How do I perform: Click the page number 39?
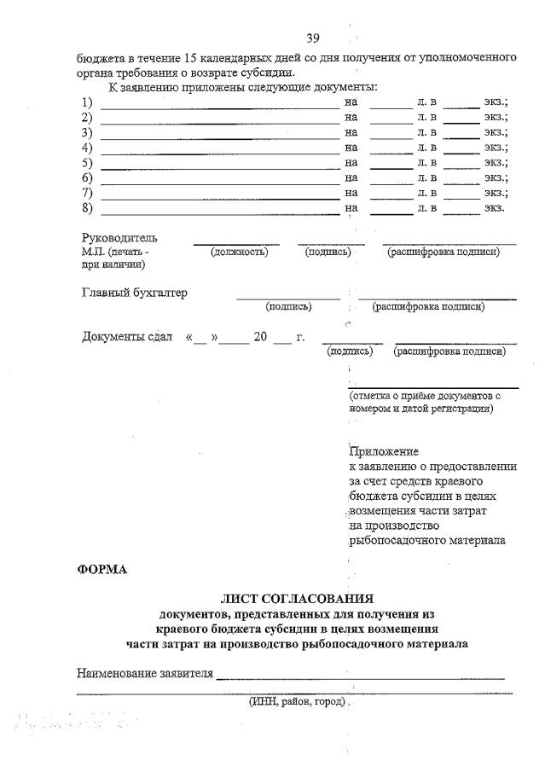312,38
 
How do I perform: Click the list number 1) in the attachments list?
87,102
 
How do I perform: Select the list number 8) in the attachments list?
87,207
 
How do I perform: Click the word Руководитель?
119,238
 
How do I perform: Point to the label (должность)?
239,252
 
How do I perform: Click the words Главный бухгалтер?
135,293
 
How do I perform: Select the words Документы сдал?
127,337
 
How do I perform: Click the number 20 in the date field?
261,337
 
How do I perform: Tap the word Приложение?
384,451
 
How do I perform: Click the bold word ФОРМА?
101,570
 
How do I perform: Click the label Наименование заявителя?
144,673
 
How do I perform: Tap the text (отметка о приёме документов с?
424,397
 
